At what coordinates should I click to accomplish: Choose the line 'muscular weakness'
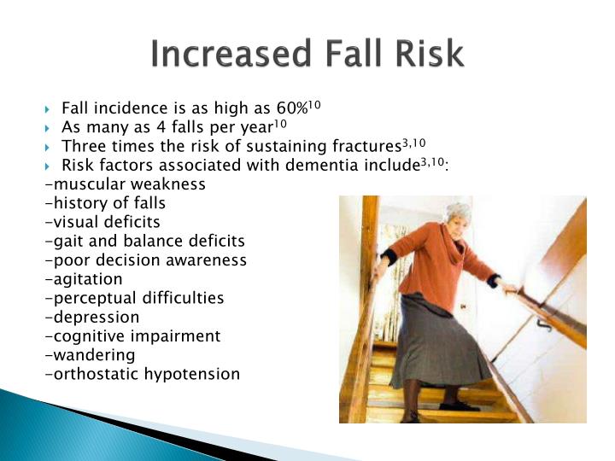point(125,184)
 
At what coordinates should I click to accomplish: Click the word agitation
point(83,279)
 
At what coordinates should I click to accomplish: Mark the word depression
point(91,318)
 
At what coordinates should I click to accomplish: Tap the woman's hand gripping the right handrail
point(509,289)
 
